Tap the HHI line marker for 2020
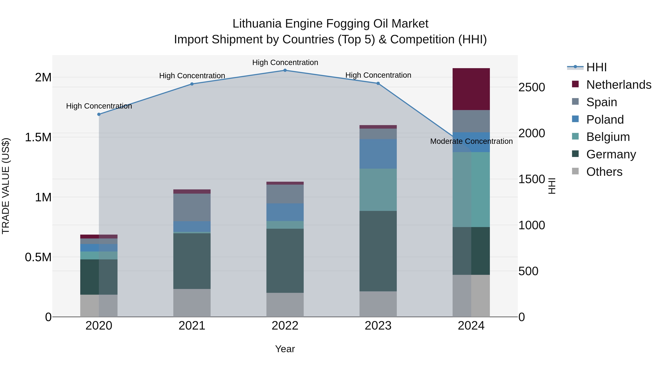(x=99, y=114)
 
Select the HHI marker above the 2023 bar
(x=378, y=83)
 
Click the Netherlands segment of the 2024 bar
(x=471, y=89)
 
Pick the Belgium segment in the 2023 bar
(x=378, y=190)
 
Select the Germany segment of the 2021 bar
(x=192, y=261)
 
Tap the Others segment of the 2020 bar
(x=99, y=305)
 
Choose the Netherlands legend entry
(x=619, y=85)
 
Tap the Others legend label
(x=604, y=172)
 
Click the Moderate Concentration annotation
(x=471, y=141)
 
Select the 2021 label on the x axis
(x=192, y=326)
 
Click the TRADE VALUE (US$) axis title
(x=6, y=186)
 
